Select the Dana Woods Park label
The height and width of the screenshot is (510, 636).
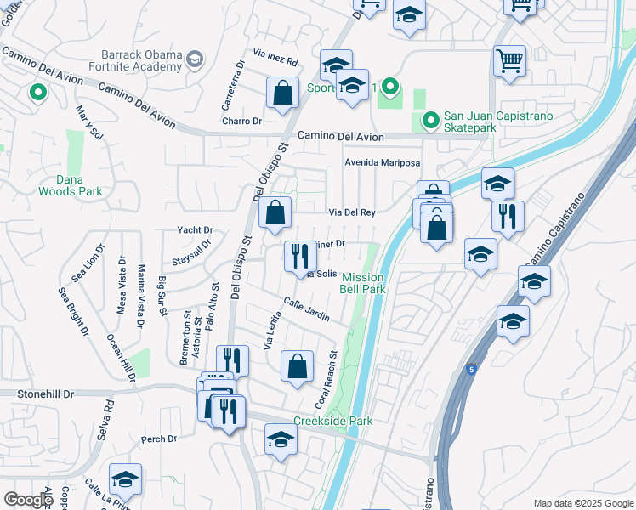pos(70,185)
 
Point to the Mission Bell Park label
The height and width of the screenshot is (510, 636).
pos(364,283)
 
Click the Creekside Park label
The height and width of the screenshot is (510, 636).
pos(333,421)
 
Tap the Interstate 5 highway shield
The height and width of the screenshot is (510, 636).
pos(471,370)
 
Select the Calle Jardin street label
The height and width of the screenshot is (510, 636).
pos(306,310)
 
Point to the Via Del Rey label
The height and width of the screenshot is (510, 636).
pos(352,212)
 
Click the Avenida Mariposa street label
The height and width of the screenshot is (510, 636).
pos(383,163)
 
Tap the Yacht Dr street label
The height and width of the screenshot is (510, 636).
pos(195,229)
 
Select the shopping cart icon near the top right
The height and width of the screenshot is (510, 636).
pos(509,60)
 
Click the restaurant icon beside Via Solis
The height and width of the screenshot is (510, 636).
pos(299,254)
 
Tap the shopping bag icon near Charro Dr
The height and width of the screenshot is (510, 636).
pos(281,93)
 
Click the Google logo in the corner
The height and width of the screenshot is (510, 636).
pos(28,500)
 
